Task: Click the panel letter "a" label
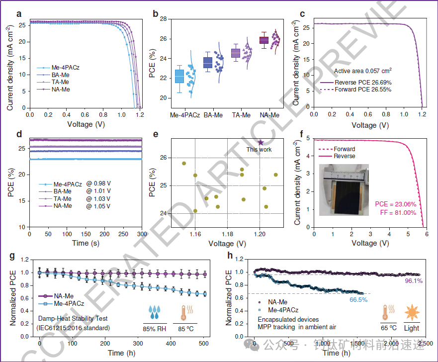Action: [19, 13]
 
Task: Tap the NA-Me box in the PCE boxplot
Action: [264, 40]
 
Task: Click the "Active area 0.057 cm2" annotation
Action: [363, 72]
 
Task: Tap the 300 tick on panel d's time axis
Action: [142, 234]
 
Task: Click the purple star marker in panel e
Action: [261, 142]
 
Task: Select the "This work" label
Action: [260, 149]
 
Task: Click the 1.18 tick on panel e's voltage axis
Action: [228, 234]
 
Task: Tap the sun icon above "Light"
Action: [412, 313]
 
